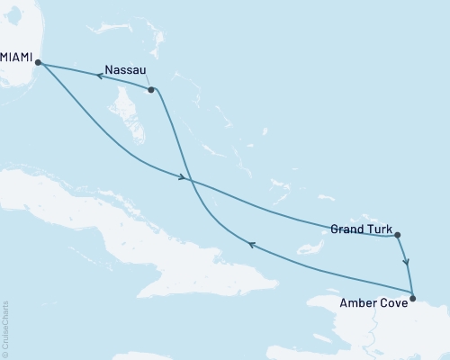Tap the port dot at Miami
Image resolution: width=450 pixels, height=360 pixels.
[x=37, y=62]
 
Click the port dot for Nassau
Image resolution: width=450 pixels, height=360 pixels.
[x=151, y=90]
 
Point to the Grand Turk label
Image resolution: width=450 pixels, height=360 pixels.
[x=360, y=229]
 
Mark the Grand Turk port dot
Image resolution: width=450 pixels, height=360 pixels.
[x=398, y=236]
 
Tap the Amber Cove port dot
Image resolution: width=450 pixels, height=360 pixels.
[x=413, y=298]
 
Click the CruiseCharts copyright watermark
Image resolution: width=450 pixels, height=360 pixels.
[x=5, y=329]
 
